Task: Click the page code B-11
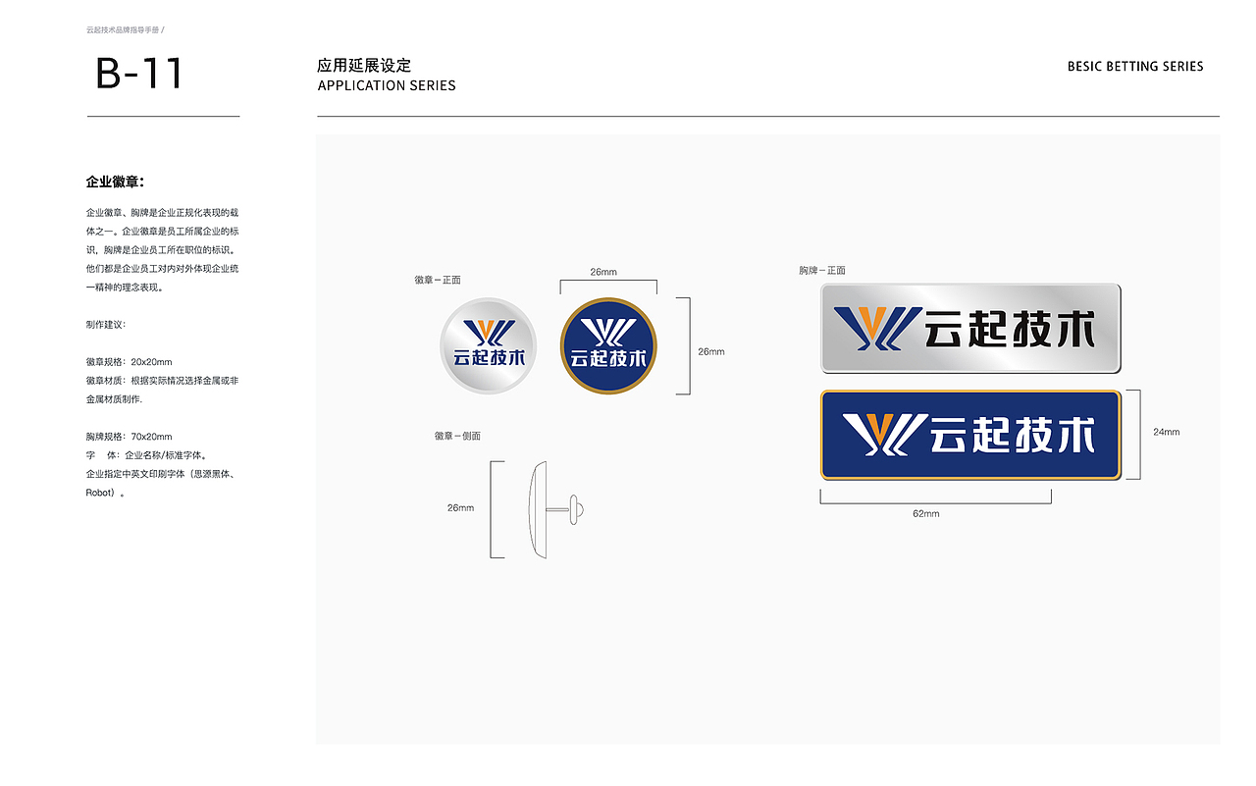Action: pos(139,74)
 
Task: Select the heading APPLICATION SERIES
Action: pos(387,85)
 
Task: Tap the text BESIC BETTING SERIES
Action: pos(1135,67)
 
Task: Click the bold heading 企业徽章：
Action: pos(116,182)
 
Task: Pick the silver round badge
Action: pos(488,346)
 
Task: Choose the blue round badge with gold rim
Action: pos(607,346)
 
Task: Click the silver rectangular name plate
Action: pos(970,328)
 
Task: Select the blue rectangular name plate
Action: pos(970,435)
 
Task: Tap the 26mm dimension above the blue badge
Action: pos(603,272)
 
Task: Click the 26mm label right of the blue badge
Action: pos(711,351)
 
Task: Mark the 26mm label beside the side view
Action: pos(460,508)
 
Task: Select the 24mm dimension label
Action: pos(1167,432)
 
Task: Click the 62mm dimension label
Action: pos(925,514)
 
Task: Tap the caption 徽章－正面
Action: pos(438,281)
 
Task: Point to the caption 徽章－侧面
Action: pos(457,436)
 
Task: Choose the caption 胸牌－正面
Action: pos(822,270)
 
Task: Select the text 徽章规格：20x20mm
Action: pos(129,362)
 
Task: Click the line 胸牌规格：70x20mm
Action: pos(129,437)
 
